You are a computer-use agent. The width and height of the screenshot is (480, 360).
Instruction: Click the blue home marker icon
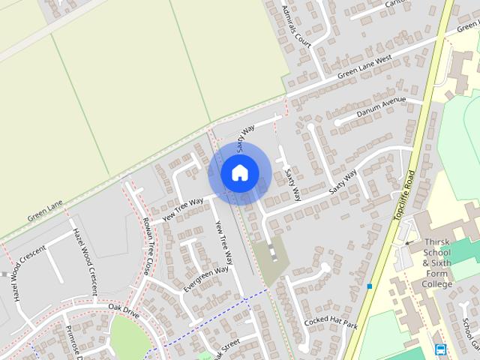[x=239, y=172]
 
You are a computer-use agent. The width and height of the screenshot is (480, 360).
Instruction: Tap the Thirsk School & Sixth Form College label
[x=447, y=262]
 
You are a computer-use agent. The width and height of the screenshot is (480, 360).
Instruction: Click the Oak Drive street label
[x=124, y=307]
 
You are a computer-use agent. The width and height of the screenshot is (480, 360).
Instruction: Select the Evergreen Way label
[x=205, y=278]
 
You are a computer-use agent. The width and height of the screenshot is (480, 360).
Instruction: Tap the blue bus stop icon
[x=440, y=349]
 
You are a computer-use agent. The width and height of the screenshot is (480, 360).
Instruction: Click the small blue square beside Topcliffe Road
[x=370, y=286]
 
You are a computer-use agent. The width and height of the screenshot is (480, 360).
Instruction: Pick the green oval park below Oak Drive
[x=131, y=337]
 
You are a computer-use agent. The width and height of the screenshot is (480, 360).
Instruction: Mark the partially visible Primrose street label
[x=75, y=342]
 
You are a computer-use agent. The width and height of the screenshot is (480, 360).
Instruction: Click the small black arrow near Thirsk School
[x=408, y=243]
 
